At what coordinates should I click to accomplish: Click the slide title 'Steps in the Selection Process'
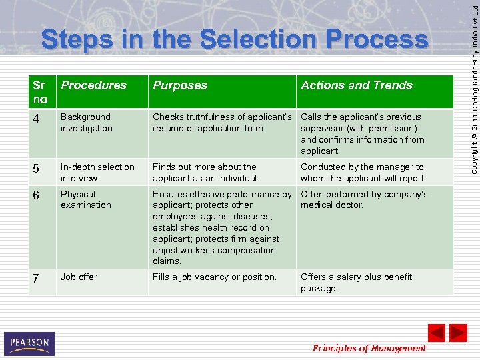coord(234,40)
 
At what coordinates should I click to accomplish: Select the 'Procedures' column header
coord(93,85)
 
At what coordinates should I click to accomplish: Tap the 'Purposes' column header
coord(180,85)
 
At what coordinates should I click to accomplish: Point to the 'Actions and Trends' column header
coord(357,85)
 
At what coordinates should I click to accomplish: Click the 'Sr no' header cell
coord(40,92)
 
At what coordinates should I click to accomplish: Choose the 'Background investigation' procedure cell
coord(87,123)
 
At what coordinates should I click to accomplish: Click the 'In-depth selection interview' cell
coord(97,173)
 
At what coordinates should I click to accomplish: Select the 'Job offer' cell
coord(79,277)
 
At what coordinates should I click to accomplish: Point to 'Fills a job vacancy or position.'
coord(214,277)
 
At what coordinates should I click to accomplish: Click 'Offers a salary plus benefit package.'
coord(356,283)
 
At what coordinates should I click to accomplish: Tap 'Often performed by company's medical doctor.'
coord(364,200)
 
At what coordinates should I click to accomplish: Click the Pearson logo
coord(29,343)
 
